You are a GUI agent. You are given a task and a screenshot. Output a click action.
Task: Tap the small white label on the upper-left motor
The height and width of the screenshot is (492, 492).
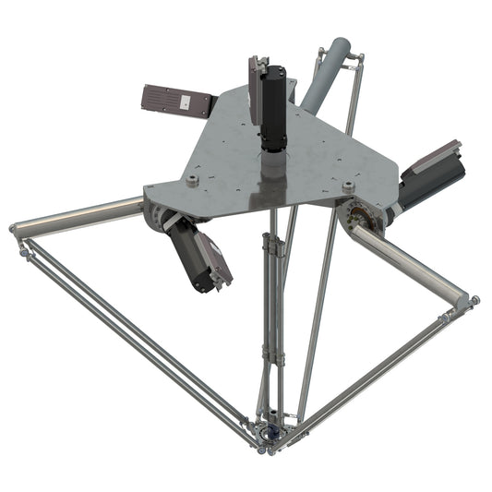[x=185, y=104]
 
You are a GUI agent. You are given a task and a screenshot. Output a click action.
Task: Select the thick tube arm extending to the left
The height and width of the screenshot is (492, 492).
[x=78, y=214]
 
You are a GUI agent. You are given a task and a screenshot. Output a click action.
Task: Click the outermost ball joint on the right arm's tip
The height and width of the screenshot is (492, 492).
[x=474, y=301]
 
